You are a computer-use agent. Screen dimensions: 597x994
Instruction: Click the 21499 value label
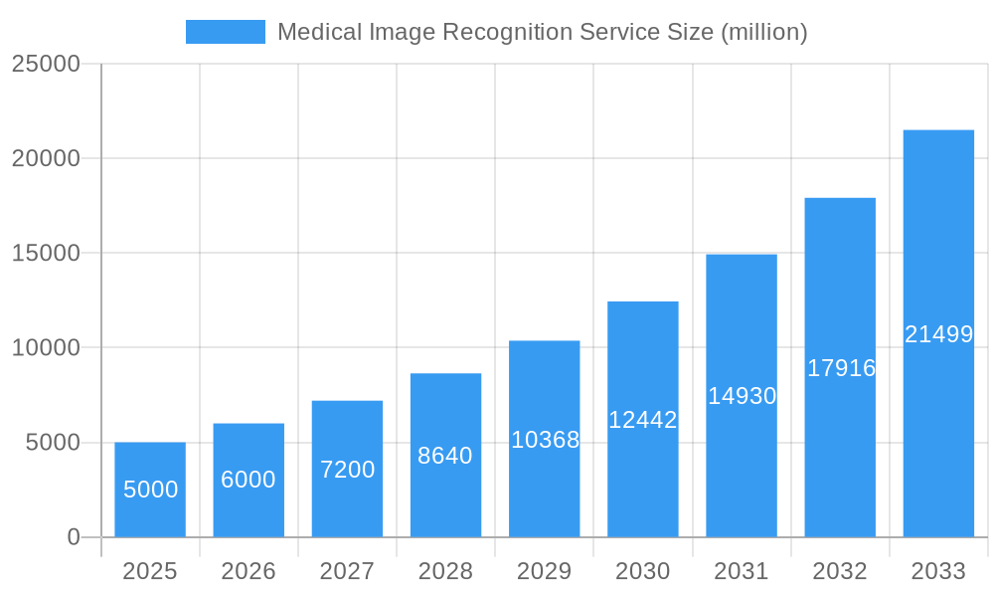(x=938, y=334)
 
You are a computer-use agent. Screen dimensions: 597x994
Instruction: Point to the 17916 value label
(x=841, y=368)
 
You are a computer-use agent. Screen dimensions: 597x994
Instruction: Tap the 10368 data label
(x=545, y=440)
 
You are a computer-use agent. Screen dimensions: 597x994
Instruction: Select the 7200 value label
(x=347, y=470)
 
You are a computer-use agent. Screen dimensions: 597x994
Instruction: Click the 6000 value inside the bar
(x=248, y=480)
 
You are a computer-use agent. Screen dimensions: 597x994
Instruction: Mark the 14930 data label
(x=742, y=396)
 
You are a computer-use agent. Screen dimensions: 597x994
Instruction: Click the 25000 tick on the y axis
(x=46, y=64)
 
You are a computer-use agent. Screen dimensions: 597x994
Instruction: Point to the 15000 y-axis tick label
(x=46, y=253)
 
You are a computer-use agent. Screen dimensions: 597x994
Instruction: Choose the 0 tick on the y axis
(x=74, y=537)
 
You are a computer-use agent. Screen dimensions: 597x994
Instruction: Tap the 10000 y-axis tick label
(x=46, y=348)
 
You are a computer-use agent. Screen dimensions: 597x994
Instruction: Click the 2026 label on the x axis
(x=248, y=571)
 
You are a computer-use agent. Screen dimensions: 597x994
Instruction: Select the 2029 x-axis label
(x=545, y=571)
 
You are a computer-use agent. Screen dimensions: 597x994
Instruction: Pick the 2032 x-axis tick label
(x=840, y=571)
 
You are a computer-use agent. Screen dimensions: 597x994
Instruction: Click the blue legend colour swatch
(x=226, y=32)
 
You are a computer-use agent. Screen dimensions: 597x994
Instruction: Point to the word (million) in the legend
(x=763, y=32)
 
